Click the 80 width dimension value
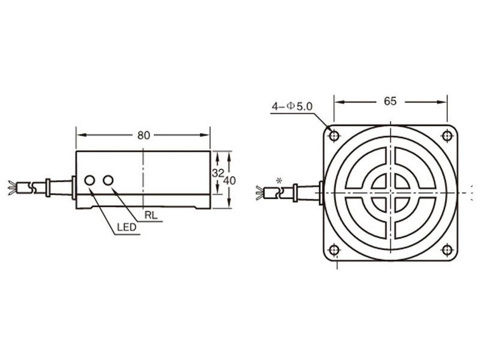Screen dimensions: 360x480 [x=143, y=135]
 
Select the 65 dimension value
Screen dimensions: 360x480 [x=390, y=101]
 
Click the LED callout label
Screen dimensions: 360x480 [x=126, y=228]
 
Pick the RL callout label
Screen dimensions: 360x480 [x=151, y=216]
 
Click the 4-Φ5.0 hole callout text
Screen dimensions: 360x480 [x=292, y=107]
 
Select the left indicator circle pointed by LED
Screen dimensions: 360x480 [x=89, y=180]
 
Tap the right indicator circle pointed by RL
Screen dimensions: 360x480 [x=108, y=180]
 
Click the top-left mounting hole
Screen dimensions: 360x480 [x=334, y=136]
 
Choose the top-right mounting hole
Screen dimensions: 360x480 [x=447, y=136]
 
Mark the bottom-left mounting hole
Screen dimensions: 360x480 [x=334, y=249]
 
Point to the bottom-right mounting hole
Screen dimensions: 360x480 [x=447, y=249]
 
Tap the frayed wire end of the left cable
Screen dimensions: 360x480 [x=12, y=187]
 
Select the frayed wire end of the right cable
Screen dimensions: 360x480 [x=259, y=193]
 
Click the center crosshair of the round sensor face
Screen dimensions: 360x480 [x=390, y=193]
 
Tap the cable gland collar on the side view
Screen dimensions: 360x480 [x=48, y=187]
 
